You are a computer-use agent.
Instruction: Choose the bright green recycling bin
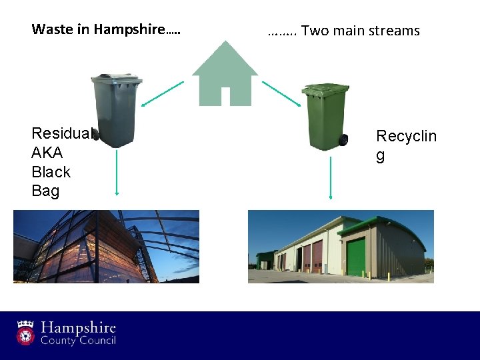click(x=326, y=117)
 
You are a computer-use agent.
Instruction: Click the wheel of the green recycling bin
click(x=343, y=140)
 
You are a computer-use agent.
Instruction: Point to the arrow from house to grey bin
click(x=162, y=93)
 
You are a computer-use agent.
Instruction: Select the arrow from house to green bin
click(x=281, y=93)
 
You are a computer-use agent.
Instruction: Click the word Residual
click(x=61, y=133)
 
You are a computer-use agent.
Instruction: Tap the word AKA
click(x=47, y=153)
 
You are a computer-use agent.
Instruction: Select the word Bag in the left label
click(x=45, y=191)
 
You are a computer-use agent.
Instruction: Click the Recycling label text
click(x=405, y=137)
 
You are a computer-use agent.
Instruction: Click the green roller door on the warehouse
click(x=356, y=257)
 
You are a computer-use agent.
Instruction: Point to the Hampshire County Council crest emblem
click(x=26, y=332)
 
